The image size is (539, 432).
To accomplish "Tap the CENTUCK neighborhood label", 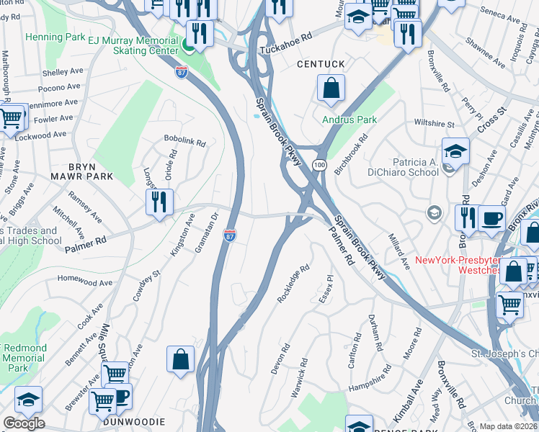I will click(321, 65).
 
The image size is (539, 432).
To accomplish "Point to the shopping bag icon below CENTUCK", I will click(331, 89).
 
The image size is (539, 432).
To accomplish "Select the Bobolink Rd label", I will click(185, 136).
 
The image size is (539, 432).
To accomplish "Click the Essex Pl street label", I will click(325, 287).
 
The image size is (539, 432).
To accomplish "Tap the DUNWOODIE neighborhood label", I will click(134, 421).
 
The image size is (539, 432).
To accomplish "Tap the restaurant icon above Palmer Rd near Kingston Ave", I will click(159, 202).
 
